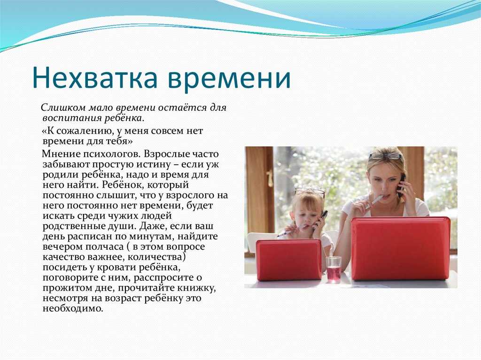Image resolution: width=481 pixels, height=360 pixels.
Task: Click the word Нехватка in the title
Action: (94, 77)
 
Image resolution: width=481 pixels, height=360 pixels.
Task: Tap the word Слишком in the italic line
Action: (63, 107)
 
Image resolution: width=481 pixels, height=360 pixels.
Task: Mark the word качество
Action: (64, 257)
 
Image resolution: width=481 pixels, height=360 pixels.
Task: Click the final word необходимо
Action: (73, 308)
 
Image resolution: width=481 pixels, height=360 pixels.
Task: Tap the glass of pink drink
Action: (334, 269)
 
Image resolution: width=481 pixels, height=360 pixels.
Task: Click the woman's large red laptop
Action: (400, 248)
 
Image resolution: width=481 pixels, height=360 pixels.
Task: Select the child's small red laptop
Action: (289, 259)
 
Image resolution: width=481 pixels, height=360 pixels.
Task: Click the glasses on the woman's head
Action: (385, 156)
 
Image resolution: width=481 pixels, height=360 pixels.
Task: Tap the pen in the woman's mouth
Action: (374, 201)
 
